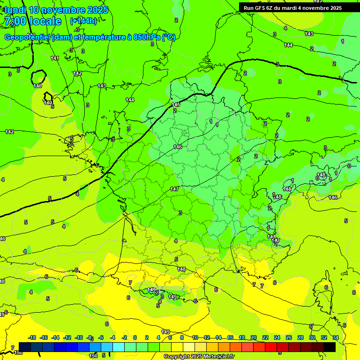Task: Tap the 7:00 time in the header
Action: (x=13, y=21)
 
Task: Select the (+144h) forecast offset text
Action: (x=83, y=21)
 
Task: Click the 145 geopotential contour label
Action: (x=176, y=105)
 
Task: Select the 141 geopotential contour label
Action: (x=55, y=58)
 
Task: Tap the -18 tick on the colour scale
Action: (x=32, y=337)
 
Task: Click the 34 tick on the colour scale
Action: (x=336, y=337)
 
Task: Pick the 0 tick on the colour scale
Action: (x=135, y=337)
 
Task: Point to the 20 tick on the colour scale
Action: (x=254, y=337)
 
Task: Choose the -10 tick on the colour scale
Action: (x=79, y=337)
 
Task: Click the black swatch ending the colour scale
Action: (x=330, y=346)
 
